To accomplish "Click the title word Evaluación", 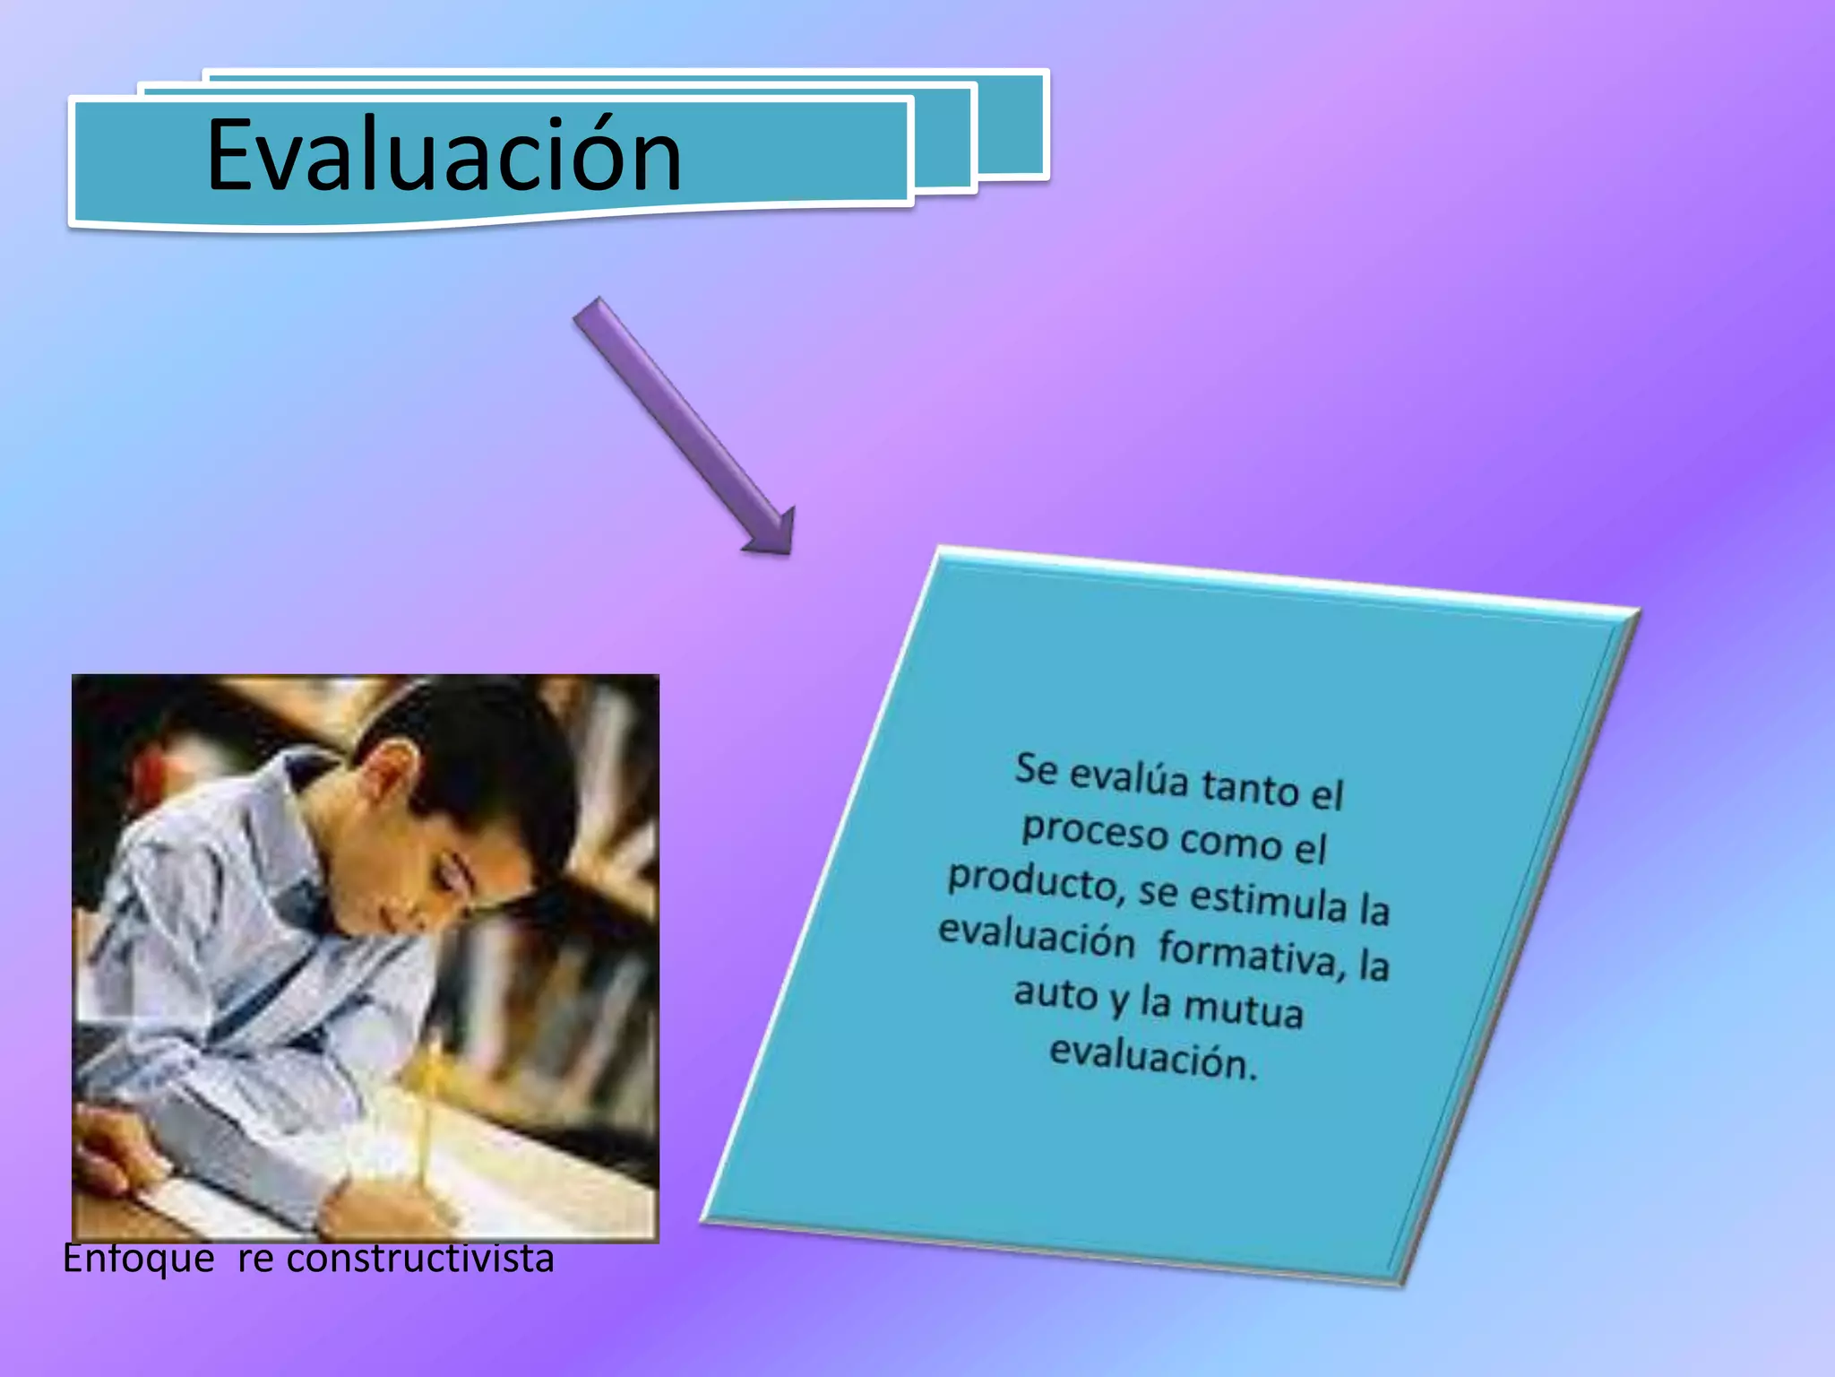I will pyautogui.click(x=444, y=155).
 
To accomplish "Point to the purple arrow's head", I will pyautogui.click(x=771, y=533).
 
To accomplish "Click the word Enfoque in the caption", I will pyautogui.click(x=139, y=1259).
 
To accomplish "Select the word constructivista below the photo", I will pyautogui.click(x=420, y=1259).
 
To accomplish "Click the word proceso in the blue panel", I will pyautogui.click(x=1095, y=830).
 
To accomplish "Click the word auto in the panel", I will pyautogui.click(x=1055, y=993).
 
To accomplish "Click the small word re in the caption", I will pyautogui.click(x=255, y=1259).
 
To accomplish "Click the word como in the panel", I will pyautogui.click(x=1230, y=842).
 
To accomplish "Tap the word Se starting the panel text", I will pyautogui.click(x=1036, y=769).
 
